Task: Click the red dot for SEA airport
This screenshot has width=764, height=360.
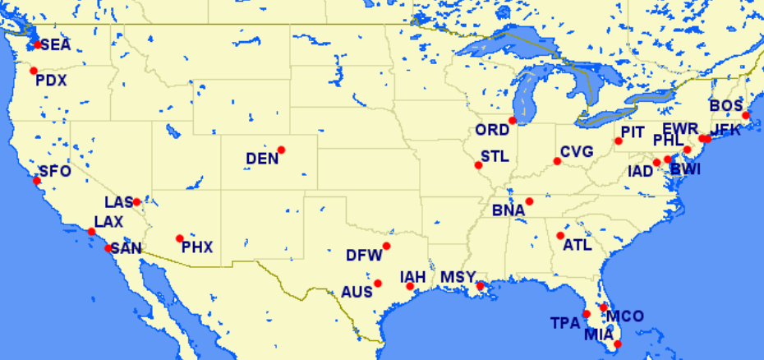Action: click(x=37, y=44)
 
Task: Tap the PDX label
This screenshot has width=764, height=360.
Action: click(x=51, y=81)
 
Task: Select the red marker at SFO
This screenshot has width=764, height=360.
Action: click(x=36, y=180)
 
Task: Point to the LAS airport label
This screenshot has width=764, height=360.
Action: click(x=118, y=202)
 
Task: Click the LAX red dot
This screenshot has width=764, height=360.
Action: click(x=91, y=232)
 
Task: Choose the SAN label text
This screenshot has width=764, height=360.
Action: click(x=127, y=248)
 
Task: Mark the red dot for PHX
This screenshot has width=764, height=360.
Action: click(x=179, y=238)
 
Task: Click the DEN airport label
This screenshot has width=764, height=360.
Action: click(x=262, y=159)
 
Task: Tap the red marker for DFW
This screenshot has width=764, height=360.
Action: click(x=386, y=246)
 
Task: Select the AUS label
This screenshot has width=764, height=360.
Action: click(x=357, y=292)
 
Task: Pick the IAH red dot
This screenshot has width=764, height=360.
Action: click(x=410, y=286)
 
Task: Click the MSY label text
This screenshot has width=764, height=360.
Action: click(x=458, y=277)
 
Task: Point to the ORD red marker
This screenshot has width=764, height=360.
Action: click(x=512, y=121)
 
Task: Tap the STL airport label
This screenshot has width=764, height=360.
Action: click(x=495, y=156)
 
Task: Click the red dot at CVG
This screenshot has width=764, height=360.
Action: click(x=557, y=161)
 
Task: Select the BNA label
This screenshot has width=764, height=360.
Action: click(x=509, y=211)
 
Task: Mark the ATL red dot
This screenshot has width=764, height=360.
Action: click(x=560, y=236)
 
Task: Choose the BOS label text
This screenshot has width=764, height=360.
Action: click(x=725, y=106)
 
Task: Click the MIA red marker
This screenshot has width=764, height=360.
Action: click(x=618, y=344)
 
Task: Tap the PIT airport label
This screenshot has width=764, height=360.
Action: click(x=633, y=132)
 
